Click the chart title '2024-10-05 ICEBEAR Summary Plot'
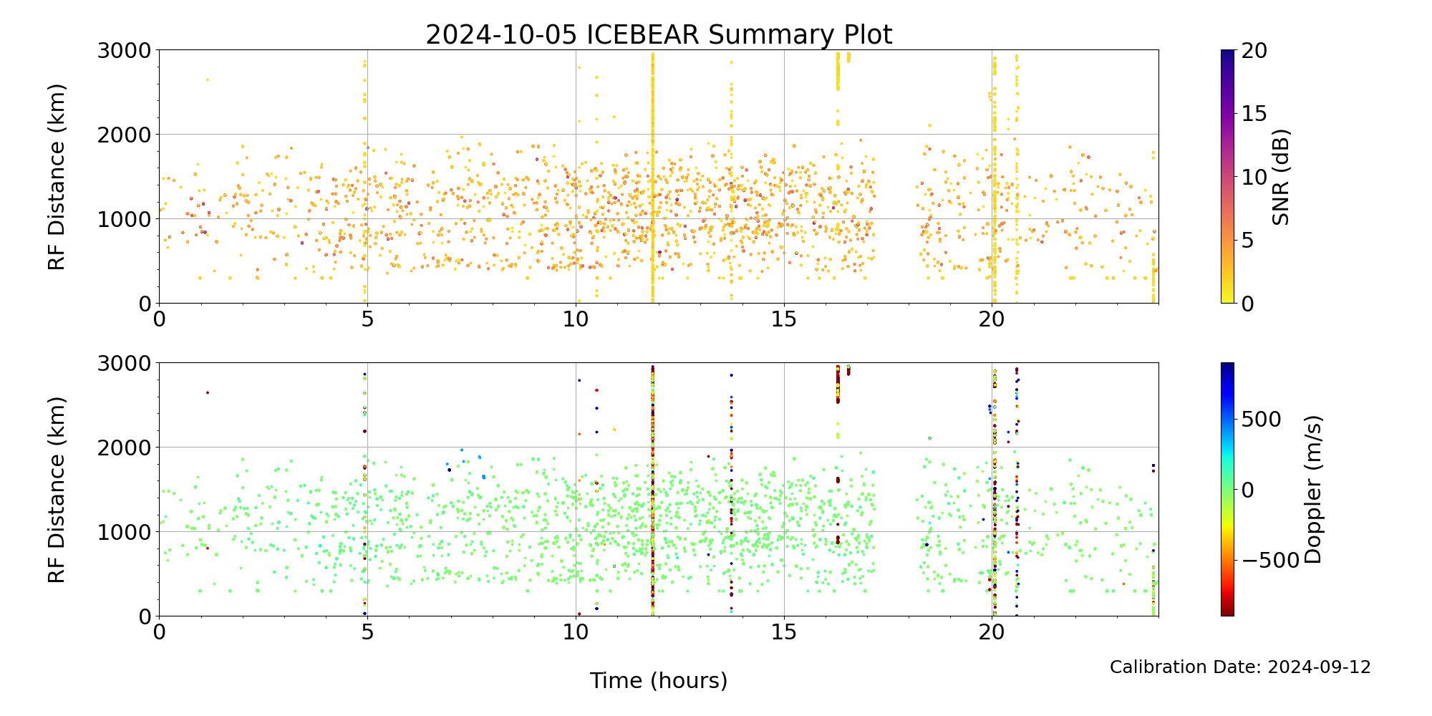tap(659, 34)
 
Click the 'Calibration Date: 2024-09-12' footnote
tap(1240, 667)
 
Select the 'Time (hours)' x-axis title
tap(659, 681)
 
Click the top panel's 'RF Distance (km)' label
tap(57, 177)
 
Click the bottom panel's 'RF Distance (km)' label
tap(57, 490)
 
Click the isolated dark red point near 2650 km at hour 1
tap(208, 392)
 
